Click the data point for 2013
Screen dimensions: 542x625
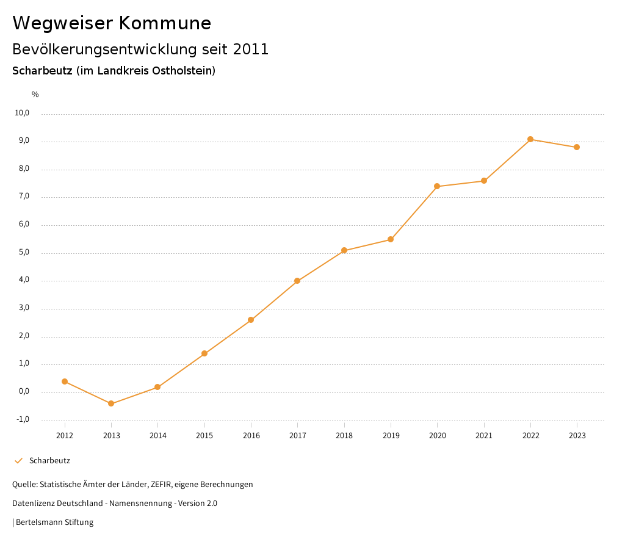tap(111, 403)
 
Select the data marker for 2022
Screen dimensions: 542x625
tap(530, 139)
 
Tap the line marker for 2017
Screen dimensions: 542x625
tap(297, 281)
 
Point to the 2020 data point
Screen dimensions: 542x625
tap(437, 186)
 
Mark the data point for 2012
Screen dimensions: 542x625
tap(65, 381)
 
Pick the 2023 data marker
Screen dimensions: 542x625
tap(577, 147)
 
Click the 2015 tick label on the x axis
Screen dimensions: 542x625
tap(204, 436)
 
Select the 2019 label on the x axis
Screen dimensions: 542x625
tap(391, 436)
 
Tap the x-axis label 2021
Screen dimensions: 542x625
tap(484, 436)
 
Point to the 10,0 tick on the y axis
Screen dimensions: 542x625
tap(22, 113)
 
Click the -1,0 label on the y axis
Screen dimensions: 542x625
tap(23, 419)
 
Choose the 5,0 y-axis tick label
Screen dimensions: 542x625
tap(23, 253)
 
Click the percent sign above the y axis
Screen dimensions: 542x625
tap(35, 95)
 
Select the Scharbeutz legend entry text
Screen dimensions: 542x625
tap(49, 461)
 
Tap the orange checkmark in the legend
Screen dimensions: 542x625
tap(18, 461)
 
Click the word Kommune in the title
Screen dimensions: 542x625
tap(165, 23)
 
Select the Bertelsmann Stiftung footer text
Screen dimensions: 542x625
tap(54, 522)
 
